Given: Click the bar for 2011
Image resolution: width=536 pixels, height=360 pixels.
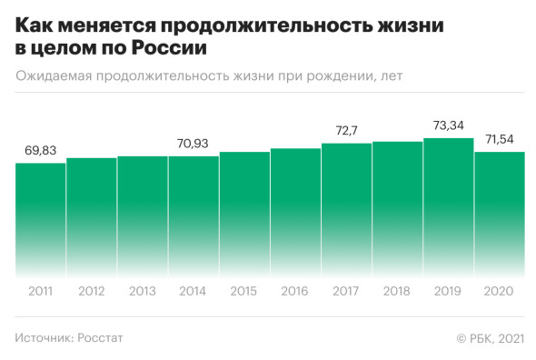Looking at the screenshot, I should click(40, 218).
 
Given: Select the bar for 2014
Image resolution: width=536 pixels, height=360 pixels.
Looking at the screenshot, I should click(194, 215).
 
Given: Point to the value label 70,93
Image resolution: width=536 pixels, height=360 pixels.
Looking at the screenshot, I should click(194, 144).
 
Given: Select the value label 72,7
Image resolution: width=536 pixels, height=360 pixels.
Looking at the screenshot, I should click(346, 131).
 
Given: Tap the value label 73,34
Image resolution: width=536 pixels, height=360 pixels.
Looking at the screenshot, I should click(449, 125).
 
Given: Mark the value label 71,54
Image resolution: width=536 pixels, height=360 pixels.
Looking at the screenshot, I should click(500, 139).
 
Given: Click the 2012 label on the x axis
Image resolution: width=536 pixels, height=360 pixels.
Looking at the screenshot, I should click(91, 291).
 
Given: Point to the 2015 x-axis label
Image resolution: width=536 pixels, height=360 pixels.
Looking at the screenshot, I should click(244, 291).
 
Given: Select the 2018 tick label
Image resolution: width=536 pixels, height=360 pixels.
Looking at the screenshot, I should click(397, 291).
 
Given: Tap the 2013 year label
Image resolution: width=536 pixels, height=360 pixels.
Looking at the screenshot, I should click(142, 291).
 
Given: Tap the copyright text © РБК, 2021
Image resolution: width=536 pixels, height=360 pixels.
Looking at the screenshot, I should click(490, 338).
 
